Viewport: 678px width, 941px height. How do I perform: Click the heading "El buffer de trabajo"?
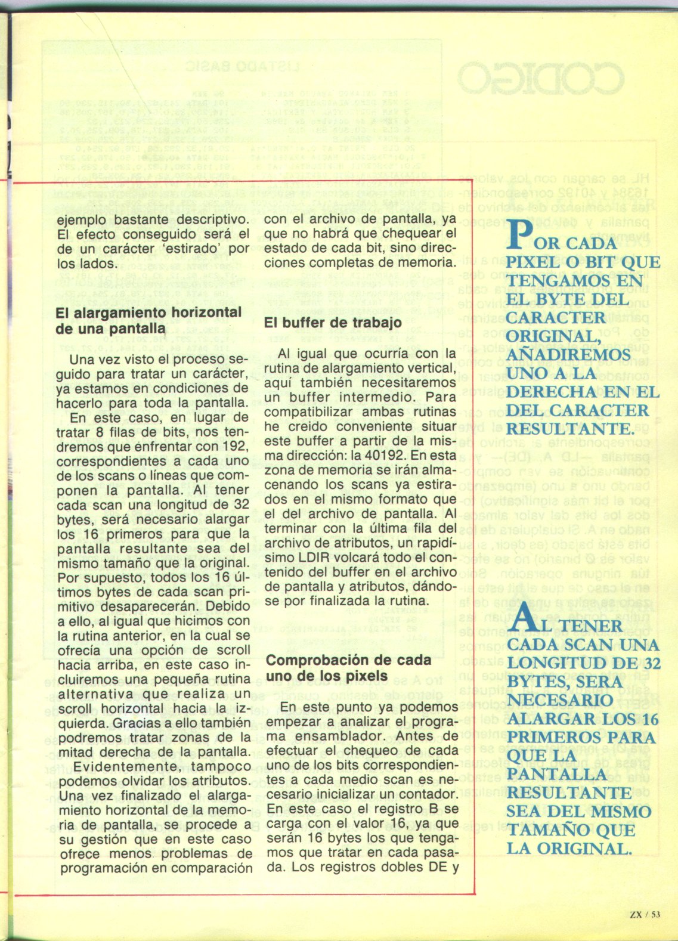point(333,323)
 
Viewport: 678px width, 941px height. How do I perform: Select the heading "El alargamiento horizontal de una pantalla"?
point(148,320)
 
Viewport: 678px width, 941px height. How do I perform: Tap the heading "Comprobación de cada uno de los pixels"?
point(348,668)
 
